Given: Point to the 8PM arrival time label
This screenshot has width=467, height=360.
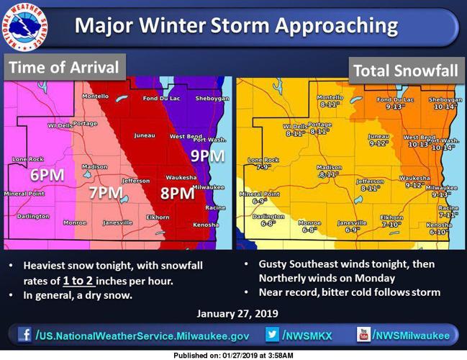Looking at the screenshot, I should [x=177, y=193].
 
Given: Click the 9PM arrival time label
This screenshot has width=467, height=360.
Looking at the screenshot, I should [x=207, y=155].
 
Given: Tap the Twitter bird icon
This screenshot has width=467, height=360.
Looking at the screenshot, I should [x=272, y=335].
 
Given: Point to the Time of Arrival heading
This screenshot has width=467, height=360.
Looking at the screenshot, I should [x=65, y=68].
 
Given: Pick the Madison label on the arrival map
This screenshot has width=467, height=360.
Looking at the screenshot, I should [x=94, y=166].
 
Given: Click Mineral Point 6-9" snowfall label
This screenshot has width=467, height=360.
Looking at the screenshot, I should [x=259, y=197].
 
